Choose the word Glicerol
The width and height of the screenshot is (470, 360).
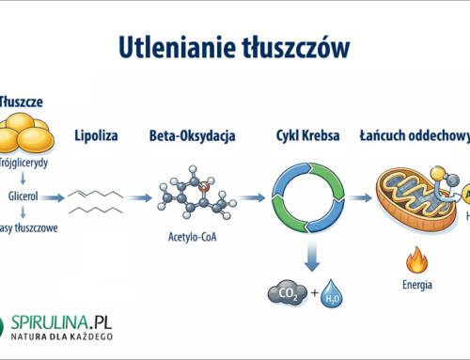(x=23, y=198)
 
